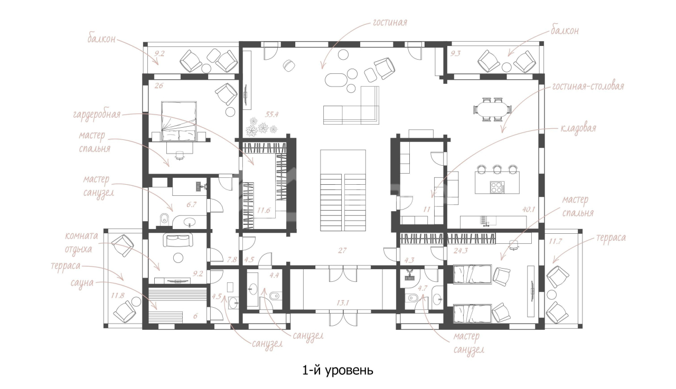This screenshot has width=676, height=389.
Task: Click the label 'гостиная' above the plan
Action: coord(390,22)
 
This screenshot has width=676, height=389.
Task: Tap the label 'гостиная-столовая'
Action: coord(588,87)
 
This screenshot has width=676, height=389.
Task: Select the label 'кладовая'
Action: coord(578,128)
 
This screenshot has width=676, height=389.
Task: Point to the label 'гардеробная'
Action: coord(97,115)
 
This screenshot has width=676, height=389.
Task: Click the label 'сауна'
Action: coord(82,283)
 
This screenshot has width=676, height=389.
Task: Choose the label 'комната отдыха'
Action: coord(81,242)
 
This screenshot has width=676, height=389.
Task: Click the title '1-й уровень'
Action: coord(337,371)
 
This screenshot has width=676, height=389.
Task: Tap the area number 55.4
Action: coord(271,115)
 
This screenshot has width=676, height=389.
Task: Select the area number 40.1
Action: coord(529,209)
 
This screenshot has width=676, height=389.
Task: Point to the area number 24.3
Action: coord(461,250)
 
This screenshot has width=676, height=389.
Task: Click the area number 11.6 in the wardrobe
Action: coord(264,210)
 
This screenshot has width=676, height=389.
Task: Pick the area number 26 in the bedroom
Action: coord(159,86)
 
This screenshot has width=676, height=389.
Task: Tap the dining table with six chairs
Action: coord(492,109)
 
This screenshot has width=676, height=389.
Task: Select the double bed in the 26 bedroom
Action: coord(179,121)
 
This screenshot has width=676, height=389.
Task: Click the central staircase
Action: coord(343,191)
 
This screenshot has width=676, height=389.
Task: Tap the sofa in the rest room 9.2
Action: coord(178,240)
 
